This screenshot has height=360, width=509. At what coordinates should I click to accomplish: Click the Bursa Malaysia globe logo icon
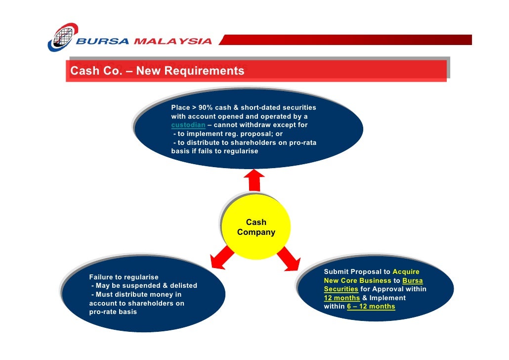tap(63, 37)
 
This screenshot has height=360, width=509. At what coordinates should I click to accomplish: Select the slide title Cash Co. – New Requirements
tap(157, 71)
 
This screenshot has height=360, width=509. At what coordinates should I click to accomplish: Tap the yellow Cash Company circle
tap(256, 227)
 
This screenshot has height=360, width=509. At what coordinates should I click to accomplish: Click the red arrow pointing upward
tap(254, 180)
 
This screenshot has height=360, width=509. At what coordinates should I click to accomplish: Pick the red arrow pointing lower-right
tap(289, 258)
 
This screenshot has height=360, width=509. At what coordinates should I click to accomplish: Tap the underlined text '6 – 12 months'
tap(374, 307)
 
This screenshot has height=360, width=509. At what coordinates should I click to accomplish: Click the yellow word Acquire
tap(406, 271)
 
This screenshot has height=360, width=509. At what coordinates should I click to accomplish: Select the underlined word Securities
tap(341, 289)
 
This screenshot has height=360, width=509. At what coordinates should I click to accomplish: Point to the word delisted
tap(183, 285)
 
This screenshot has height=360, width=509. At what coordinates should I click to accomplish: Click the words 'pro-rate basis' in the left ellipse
tap(113, 312)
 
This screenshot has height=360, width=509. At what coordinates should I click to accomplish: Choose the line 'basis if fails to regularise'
tap(214, 151)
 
